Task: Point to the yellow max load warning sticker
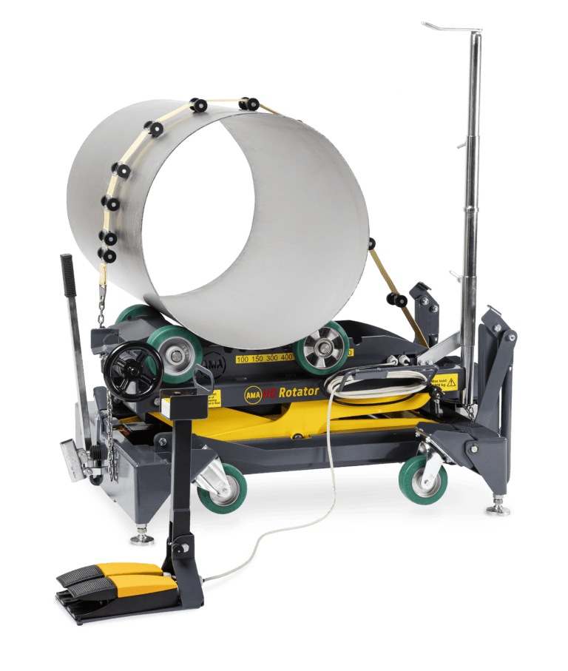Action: [441, 382]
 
